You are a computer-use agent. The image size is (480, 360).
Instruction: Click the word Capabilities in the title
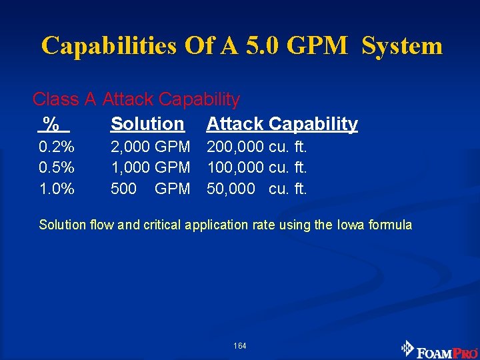109,46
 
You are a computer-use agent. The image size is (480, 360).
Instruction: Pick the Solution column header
147,123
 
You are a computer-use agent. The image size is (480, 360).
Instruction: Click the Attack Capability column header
282,123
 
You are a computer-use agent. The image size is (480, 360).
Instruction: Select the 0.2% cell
57,146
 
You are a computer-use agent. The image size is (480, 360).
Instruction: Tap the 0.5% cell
57,167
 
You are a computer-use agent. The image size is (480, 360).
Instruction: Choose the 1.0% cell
57,189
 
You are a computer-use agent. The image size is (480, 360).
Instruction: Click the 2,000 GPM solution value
150,146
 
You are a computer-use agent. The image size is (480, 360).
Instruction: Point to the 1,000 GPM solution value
150,167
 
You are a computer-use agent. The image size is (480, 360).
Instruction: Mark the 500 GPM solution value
150,189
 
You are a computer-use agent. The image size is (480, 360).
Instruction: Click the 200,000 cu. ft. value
257,146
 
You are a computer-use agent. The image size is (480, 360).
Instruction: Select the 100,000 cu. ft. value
257,167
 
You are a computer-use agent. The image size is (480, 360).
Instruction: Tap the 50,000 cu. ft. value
257,189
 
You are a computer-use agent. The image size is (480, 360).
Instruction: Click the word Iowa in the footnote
351,225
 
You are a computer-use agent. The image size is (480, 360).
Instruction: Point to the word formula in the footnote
391,225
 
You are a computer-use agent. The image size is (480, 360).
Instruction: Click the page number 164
240,346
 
